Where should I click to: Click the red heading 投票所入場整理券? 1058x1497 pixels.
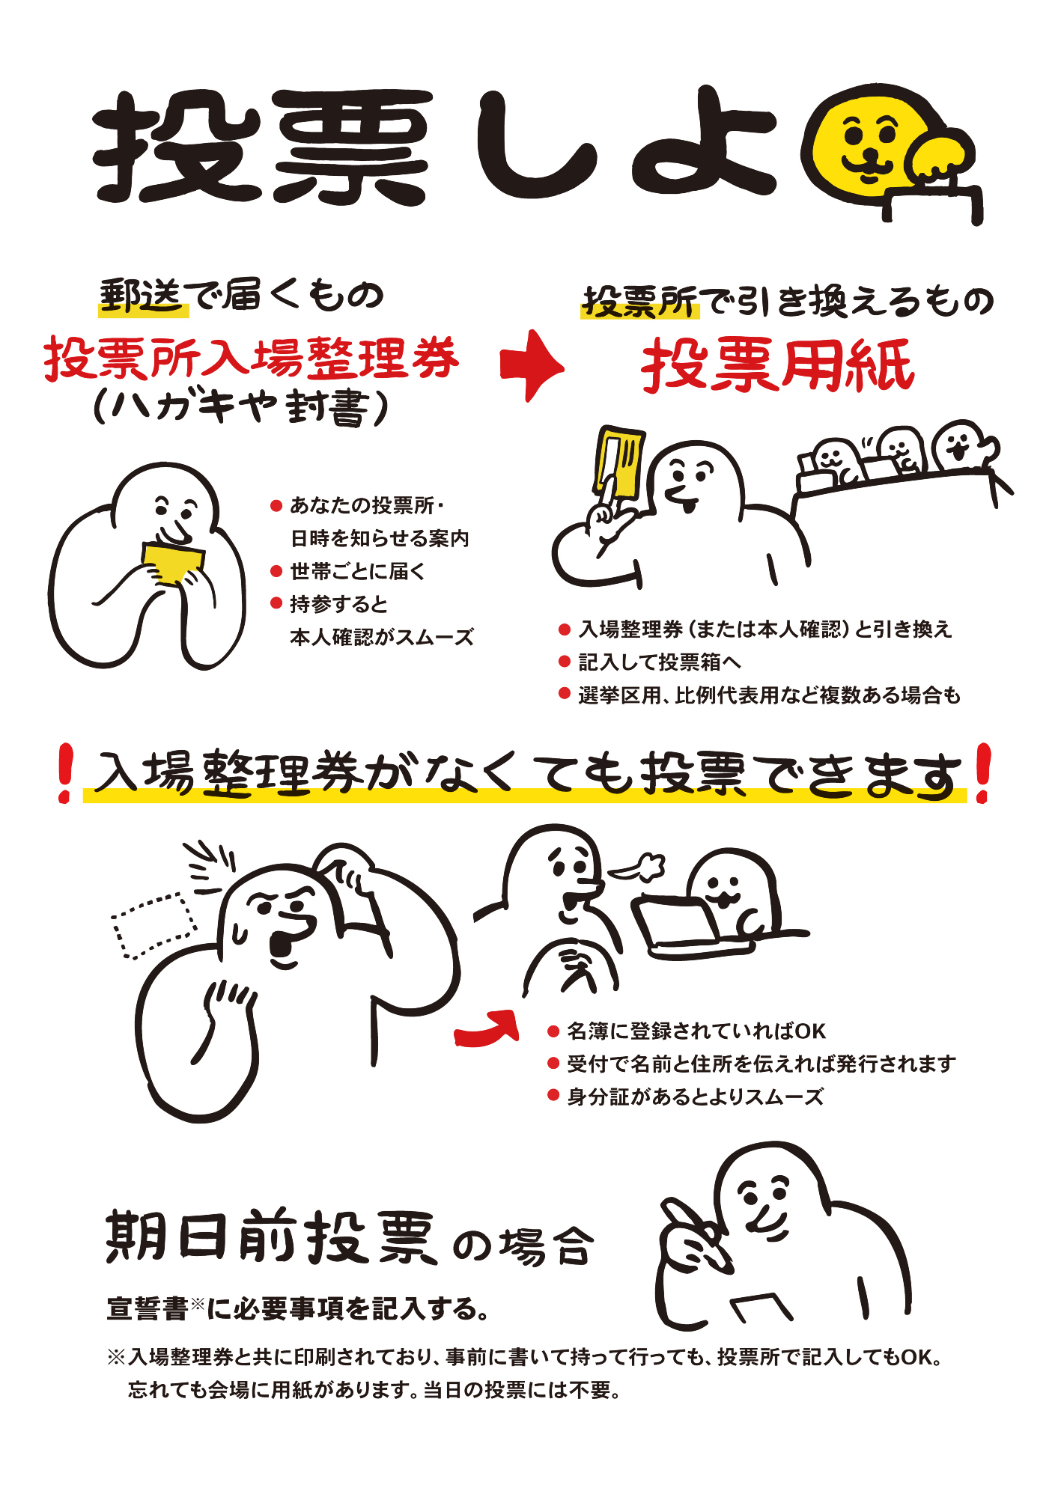(252, 358)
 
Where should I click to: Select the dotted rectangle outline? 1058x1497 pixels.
(153, 925)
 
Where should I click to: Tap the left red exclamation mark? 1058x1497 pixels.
(66, 774)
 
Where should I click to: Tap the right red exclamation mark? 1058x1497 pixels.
(982, 774)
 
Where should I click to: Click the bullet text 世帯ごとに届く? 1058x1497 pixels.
(358, 571)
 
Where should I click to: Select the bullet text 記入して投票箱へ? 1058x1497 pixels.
(660, 662)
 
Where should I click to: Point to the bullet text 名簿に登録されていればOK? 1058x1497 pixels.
(696, 1031)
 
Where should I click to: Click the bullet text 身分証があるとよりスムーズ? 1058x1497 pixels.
(696, 1097)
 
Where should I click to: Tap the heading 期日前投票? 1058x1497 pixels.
(271, 1236)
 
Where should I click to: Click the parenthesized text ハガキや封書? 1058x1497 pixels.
(241, 409)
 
